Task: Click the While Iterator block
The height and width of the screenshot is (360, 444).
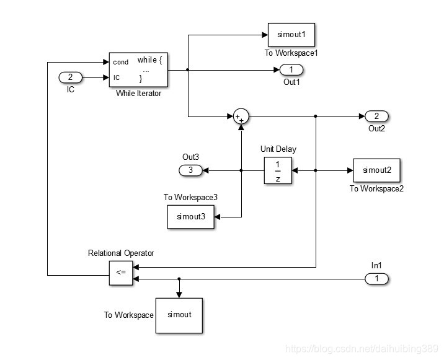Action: click(139, 69)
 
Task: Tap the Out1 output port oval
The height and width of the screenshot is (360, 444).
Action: click(291, 69)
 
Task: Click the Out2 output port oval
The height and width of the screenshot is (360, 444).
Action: click(376, 116)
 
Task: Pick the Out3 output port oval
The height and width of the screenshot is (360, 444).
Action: click(190, 170)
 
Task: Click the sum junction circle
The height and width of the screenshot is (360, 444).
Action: click(241, 116)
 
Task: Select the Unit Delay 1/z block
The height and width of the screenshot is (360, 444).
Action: click(277, 170)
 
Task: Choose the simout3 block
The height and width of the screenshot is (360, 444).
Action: click(190, 216)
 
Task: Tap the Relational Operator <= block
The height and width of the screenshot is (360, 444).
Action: click(120, 273)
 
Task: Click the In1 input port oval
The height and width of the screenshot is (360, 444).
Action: click(376, 279)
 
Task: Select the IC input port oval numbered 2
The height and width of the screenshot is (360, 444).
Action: click(70, 77)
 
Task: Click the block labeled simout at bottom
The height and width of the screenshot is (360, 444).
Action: click(179, 314)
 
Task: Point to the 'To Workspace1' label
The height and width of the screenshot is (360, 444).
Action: click(291, 53)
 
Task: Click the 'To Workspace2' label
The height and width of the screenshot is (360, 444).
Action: click(376, 188)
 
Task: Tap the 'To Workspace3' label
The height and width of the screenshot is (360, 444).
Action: click(191, 197)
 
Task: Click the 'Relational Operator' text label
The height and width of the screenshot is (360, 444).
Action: click(120, 253)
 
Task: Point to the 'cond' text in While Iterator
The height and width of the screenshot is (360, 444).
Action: click(121, 62)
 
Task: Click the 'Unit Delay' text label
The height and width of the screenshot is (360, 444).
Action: click(277, 149)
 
